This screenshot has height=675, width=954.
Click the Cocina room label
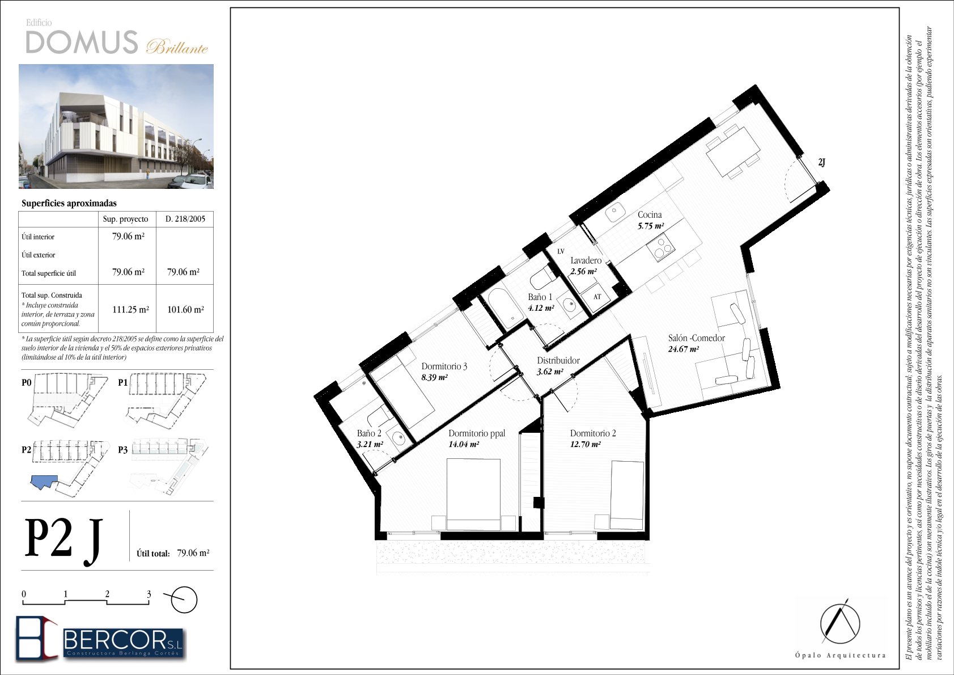click(x=650, y=215)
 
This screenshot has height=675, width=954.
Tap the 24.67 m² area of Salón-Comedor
click(x=683, y=349)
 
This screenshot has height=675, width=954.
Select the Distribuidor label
click(x=558, y=361)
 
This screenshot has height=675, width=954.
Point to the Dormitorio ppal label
click(x=477, y=433)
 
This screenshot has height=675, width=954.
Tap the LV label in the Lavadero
click(x=561, y=251)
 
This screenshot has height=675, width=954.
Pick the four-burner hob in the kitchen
click(x=661, y=248)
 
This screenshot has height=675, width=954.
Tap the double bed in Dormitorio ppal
click(x=473, y=494)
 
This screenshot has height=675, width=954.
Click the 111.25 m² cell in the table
click(x=130, y=310)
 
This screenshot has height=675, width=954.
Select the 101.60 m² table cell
click(x=185, y=310)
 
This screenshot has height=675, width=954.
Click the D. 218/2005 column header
click(x=185, y=219)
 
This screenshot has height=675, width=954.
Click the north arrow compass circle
click(x=184, y=600)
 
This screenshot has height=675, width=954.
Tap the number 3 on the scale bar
click(x=149, y=594)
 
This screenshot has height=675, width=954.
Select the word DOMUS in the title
click(x=82, y=42)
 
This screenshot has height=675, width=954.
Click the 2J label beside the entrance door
click(x=821, y=162)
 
